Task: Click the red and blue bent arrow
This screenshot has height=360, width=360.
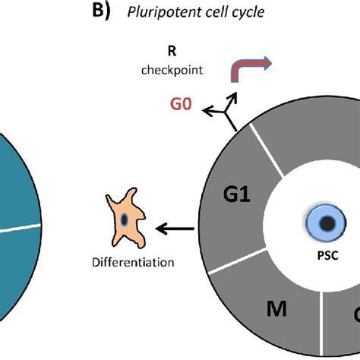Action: pos(250,71)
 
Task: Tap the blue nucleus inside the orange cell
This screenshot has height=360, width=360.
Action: pos(125,219)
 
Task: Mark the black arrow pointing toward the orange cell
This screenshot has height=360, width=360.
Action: pos(173,226)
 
